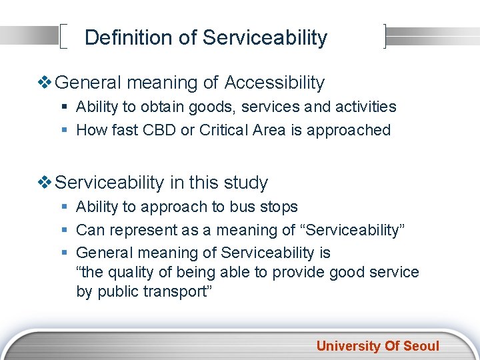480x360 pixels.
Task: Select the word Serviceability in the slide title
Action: point(265,37)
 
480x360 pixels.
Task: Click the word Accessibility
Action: point(275,83)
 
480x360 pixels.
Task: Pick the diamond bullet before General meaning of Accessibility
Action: point(45,83)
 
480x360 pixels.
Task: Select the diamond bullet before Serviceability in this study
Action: point(45,183)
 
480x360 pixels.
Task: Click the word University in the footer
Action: point(347,345)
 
